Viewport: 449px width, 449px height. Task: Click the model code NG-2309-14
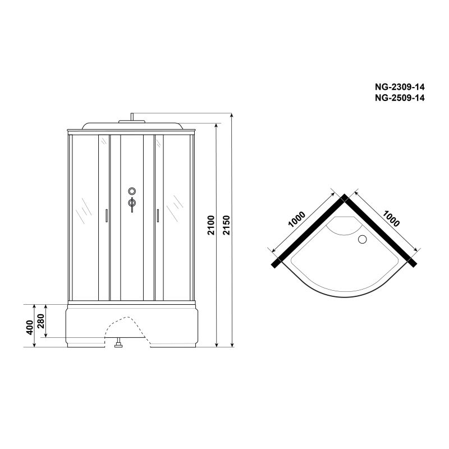pos(400,86)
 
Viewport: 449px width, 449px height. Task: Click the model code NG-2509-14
pos(400,98)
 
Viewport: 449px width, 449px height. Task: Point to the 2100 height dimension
pos(211,225)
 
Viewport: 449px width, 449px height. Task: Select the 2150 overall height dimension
pos(227,225)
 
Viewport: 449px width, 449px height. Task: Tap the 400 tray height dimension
pos(30,327)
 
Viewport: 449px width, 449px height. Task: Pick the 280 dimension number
pos(41,321)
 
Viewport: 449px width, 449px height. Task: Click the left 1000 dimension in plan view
pos(297,219)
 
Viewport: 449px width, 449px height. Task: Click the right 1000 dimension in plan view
pos(391,218)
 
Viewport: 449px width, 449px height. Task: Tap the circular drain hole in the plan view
pos(363,239)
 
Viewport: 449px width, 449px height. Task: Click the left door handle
pos(107,216)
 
